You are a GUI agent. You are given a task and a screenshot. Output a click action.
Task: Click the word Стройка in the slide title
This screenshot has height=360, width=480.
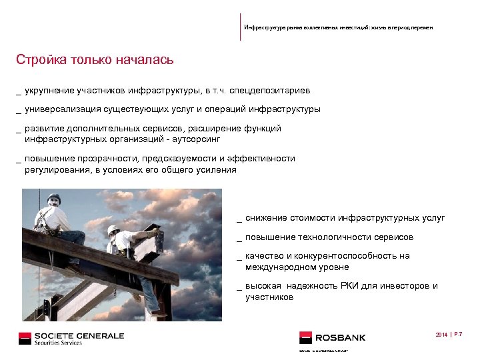pyautogui.click(x=39, y=60)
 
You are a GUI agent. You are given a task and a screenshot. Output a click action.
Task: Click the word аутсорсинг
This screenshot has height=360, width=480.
pyautogui.click(x=196, y=140)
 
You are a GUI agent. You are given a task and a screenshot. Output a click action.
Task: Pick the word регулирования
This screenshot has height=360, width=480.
pyautogui.click(x=55, y=169)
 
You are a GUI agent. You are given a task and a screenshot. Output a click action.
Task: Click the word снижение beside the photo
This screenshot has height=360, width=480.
pyautogui.click(x=266, y=218)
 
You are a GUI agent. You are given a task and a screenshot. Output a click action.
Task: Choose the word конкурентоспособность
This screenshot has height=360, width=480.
pyautogui.click(x=347, y=256)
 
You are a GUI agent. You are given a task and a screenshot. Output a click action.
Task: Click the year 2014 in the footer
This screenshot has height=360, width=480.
pyautogui.click(x=441, y=333)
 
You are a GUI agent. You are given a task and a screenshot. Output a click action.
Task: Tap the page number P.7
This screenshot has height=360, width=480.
pyautogui.click(x=459, y=333)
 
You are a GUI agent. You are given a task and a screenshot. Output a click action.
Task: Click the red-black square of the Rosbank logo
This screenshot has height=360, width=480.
pyautogui.click(x=306, y=337)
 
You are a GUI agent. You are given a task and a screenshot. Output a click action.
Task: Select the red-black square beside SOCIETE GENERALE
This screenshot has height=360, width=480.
pyautogui.click(x=25, y=337)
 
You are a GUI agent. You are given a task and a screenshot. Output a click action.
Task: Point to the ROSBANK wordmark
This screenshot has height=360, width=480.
pyautogui.click(x=341, y=338)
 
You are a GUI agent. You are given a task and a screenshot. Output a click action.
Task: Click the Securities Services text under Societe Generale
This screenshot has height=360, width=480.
pyautogui.click(x=59, y=343)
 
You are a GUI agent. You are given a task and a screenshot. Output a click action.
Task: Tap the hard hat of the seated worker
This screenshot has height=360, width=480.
pyautogui.click(x=54, y=198)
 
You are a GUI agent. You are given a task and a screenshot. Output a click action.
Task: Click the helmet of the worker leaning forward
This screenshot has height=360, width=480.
pyautogui.click(x=113, y=229)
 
